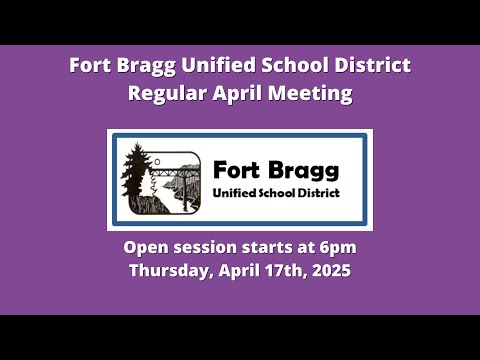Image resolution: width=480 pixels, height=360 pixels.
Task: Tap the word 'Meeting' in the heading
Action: (x=310, y=94)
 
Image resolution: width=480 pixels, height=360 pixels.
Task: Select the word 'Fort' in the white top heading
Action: (x=90, y=65)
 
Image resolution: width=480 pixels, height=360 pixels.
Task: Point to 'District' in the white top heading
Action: (x=373, y=65)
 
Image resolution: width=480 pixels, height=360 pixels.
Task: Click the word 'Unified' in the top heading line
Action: (x=219, y=65)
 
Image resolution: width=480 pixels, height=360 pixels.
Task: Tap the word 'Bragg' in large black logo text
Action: (x=303, y=171)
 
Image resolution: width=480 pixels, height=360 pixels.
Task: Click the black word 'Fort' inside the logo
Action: (x=237, y=170)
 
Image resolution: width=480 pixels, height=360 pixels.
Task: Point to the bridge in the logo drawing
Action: (x=175, y=173)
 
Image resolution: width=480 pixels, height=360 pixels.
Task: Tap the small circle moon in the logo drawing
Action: (x=157, y=162)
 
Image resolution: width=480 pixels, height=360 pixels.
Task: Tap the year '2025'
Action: (x=331, y=270)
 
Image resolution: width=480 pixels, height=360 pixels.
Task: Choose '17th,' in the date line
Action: (x=286, y=270)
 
